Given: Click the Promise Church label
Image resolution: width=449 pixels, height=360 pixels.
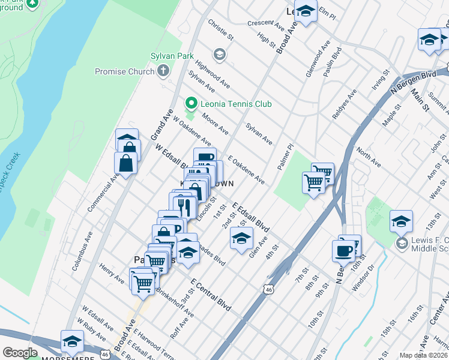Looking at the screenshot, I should [124, 72].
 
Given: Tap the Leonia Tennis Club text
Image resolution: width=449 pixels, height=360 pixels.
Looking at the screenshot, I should [237, 104].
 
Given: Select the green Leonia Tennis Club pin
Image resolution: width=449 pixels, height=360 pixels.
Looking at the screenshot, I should [191, 104].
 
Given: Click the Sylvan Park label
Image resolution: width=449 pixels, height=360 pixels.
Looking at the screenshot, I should [172, 56].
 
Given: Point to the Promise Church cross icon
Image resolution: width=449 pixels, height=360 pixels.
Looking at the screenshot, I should [163, 72].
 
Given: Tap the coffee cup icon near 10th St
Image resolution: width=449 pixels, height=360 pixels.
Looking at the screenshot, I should [343, 251].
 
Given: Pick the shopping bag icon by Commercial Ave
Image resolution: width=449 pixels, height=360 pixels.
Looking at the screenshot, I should [125, 163].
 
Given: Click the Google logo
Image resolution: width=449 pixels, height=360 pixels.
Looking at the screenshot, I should [20, 353].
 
